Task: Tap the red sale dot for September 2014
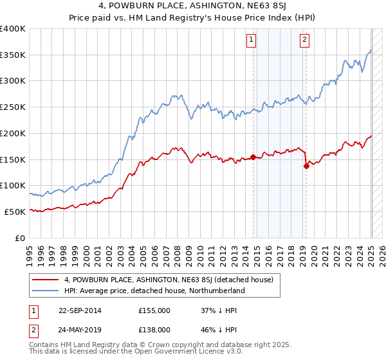pos(253,156)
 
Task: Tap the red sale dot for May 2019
pos(306,165)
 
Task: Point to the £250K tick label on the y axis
pos(13,107)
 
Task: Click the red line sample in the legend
pos(46,280)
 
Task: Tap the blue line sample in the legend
pos(46,291)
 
